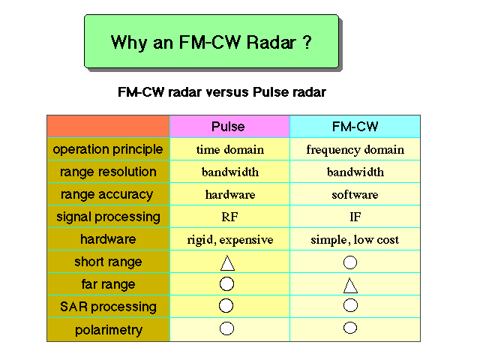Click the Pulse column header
pyautogui.click(x=228, y=127)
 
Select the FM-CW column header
pyautogui.click(x=355, y=127)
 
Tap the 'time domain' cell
pyautogui.click(x=230, y=150)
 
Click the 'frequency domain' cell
pyautogui.click(x=355, y=150)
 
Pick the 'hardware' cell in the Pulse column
pyautogui.click(x=230, y=195)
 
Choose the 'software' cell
pyautogui.click(x=355, y=195)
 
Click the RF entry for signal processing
pyautogui.click(x=229, y=217)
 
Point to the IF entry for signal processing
pyautogui.click(x=355, y=217)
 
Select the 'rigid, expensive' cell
pyautogui.click(x=230, y=240)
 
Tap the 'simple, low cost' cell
pyautogui.click(x=355, y=240)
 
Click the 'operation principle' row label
pyautogui.click(x=108, y=150)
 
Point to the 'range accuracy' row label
pyautogui.click(x=106, y=195)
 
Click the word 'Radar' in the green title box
pyautogui.click(x=271, y=42)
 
